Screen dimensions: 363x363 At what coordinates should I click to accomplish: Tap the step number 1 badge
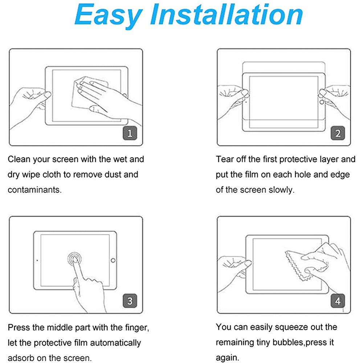130,133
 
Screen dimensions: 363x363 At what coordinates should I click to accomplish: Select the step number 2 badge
338,133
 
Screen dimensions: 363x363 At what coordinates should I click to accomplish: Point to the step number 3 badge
130,301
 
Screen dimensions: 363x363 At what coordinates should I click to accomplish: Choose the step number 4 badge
338,301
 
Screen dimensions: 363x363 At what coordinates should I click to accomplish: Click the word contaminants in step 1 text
34,190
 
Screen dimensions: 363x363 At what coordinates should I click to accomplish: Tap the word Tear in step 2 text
225,159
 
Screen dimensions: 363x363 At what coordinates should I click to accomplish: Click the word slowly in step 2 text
282,190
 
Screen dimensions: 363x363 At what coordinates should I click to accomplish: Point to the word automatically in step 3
115,343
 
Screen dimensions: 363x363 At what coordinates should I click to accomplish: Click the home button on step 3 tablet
113,260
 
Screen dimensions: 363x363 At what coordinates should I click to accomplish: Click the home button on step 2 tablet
322,102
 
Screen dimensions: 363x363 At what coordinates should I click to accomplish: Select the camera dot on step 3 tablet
37,260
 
